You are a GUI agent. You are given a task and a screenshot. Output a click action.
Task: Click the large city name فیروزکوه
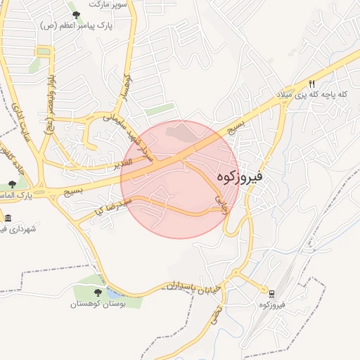(x=240, y=176)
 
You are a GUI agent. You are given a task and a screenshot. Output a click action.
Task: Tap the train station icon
(x=271, y=292)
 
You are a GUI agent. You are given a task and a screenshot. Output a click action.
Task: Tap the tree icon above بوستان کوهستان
(x=98, y=292)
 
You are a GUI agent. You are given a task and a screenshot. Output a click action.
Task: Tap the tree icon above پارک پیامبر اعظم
(x=76, y=14)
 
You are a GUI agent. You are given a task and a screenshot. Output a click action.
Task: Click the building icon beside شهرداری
(x=7, y=218)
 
